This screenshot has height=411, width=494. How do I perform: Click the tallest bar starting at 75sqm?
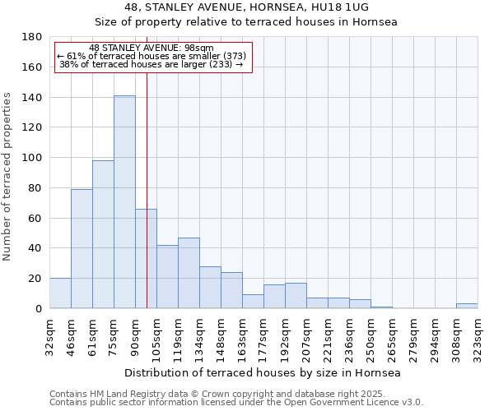click(124, 202)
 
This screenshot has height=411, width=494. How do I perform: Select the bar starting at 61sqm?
click(103, 234)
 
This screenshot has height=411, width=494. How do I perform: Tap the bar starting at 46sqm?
click(82, 249)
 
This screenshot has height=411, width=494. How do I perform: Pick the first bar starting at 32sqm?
click(60, 293)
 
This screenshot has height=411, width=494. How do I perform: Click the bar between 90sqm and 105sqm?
click(146, 259)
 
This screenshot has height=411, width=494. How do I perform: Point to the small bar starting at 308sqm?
click(467, 306)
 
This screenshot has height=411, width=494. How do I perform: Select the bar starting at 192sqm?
click(296, 296)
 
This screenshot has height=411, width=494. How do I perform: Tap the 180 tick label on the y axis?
click(32, 37)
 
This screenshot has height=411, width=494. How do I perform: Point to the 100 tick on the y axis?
click(32, 158)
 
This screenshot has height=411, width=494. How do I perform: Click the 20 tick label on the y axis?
click(35, 279)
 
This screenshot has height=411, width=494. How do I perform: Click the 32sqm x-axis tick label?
click(49, 335)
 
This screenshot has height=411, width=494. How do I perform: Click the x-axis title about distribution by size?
click(263, 373)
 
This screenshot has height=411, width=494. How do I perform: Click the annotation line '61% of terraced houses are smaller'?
click(151, 56)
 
